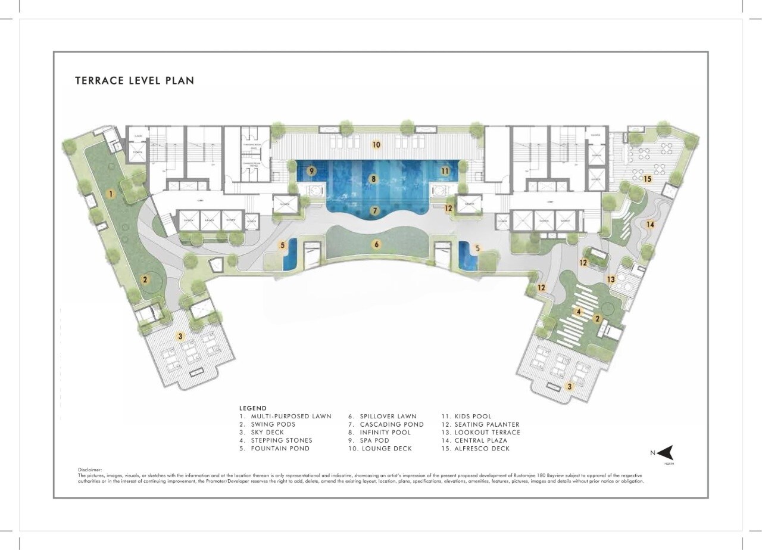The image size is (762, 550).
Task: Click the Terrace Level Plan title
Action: (135, 80)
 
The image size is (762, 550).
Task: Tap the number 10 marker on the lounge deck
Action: (376, 144)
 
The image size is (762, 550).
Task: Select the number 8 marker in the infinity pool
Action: (373, 178)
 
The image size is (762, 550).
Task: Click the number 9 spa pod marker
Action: (311, 171)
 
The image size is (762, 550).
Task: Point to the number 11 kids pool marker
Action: (445, 171)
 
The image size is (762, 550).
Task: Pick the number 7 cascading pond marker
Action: (374, 210)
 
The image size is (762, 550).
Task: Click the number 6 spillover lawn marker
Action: (376, 244)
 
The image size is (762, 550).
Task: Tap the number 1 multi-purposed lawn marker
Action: (110, 194)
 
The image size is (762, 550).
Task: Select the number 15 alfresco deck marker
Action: (647, 179)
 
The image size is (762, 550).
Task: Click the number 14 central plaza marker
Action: (651, 225)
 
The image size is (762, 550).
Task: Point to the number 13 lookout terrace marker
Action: (611, 279)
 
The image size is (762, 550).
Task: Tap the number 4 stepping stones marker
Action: (577, 311)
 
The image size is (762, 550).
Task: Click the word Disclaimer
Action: (90, 470)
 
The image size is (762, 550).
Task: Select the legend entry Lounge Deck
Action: (379, 449)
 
